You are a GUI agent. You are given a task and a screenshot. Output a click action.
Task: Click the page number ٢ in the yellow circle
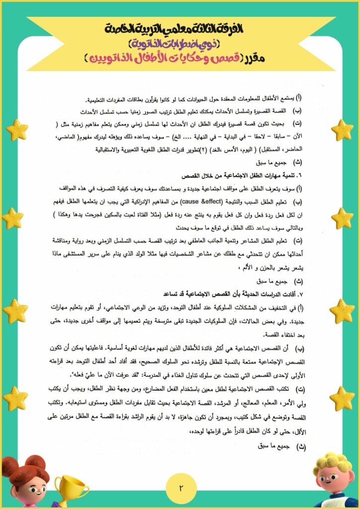click(180, 487)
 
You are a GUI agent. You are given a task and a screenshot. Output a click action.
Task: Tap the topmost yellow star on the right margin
click(342, 130)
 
